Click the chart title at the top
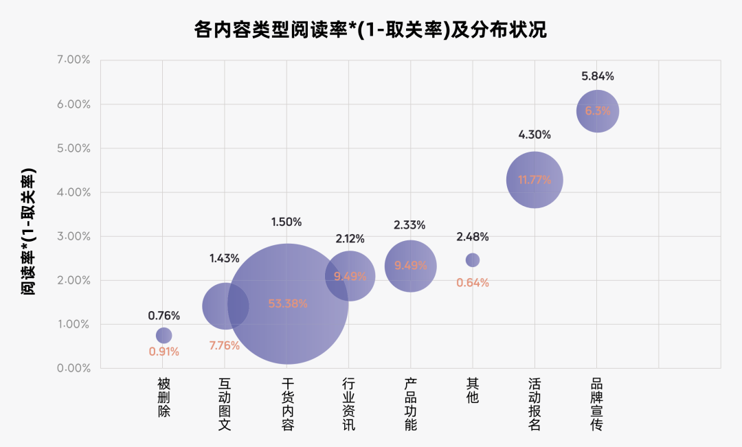point(370,30)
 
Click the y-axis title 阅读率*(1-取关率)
point(28,231)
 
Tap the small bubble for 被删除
point(164,335)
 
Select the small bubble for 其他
point(473,260)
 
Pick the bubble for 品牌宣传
point(598,111)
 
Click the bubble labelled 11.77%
point(535,180)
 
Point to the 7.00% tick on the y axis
point(74,60)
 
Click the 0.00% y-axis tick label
point(74,368)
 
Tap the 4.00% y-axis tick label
point(74,192)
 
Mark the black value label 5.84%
point(598,76)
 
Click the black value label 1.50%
point(286,222)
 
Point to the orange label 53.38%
point(288,303)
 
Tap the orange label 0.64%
point(473,282)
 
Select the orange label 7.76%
point(224,345)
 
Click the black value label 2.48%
point(473,237)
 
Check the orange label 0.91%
point(164,352)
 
